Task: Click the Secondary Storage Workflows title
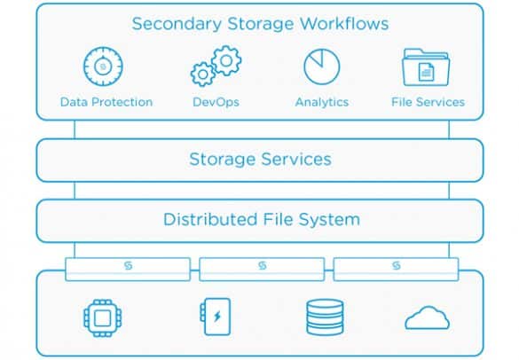click(260, 24)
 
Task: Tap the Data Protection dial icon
click(103, 67)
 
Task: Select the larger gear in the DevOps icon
click(226, 61)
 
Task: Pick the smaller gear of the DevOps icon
click(203, 74)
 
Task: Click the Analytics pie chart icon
click(322, 67)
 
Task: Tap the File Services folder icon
click(426, 67)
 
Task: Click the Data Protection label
click(106, 102)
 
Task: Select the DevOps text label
click(216, 102)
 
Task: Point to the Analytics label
click(322, 102)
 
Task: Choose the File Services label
click(428, 102)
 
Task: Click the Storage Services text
click(260, 159)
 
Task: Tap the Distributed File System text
click(262, 219)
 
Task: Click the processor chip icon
click(103, 318)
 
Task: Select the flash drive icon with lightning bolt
click(216, 317)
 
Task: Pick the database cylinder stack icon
click(325, 317)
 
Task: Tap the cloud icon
click(427, 317)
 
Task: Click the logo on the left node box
click(128, 265)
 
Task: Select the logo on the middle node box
click(262, 265)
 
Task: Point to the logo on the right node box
click(397, 265)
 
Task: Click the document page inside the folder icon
click(426, 72)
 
